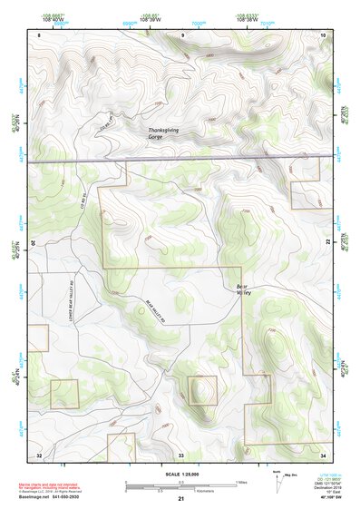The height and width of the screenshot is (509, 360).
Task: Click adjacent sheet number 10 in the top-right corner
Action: point(324,34)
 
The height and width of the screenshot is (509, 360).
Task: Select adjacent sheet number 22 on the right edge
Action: point(327,243)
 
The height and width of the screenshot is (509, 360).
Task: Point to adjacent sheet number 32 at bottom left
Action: point(39,453)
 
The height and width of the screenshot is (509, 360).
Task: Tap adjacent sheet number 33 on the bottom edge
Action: point(181,453)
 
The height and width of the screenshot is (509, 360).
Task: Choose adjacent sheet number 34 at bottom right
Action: point(324,453)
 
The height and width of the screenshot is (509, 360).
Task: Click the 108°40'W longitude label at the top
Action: point(53,18)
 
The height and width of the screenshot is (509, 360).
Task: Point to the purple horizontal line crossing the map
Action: point(181,160)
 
